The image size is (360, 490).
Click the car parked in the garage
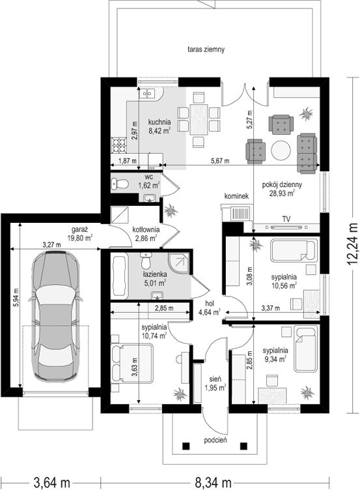tap(56, 315)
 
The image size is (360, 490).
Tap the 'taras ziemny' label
tap(206, 49)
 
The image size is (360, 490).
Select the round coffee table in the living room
tap(281, 151)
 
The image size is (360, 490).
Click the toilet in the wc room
tap(120, 184)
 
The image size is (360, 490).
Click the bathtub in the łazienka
tap(120, 276)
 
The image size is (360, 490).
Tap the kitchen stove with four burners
tap(119, 145)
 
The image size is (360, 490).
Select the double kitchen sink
tap(147, 93)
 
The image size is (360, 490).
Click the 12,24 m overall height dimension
tap(353, 244)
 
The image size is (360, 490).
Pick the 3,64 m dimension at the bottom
tap(51, 482)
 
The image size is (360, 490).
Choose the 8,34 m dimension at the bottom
tap(214, 482)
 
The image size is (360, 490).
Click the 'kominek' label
tap(236, 196)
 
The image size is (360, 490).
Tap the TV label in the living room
tap(286, 219)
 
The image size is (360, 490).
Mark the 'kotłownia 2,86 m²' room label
tap(146, 234)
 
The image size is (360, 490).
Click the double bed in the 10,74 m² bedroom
tap(132, 364)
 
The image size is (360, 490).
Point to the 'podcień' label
tap(215, 440)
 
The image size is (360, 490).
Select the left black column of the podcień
tap(186, 446)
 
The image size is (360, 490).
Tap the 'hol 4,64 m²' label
tap(210, 307)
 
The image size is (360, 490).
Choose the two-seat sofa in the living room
tap(307, 153)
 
